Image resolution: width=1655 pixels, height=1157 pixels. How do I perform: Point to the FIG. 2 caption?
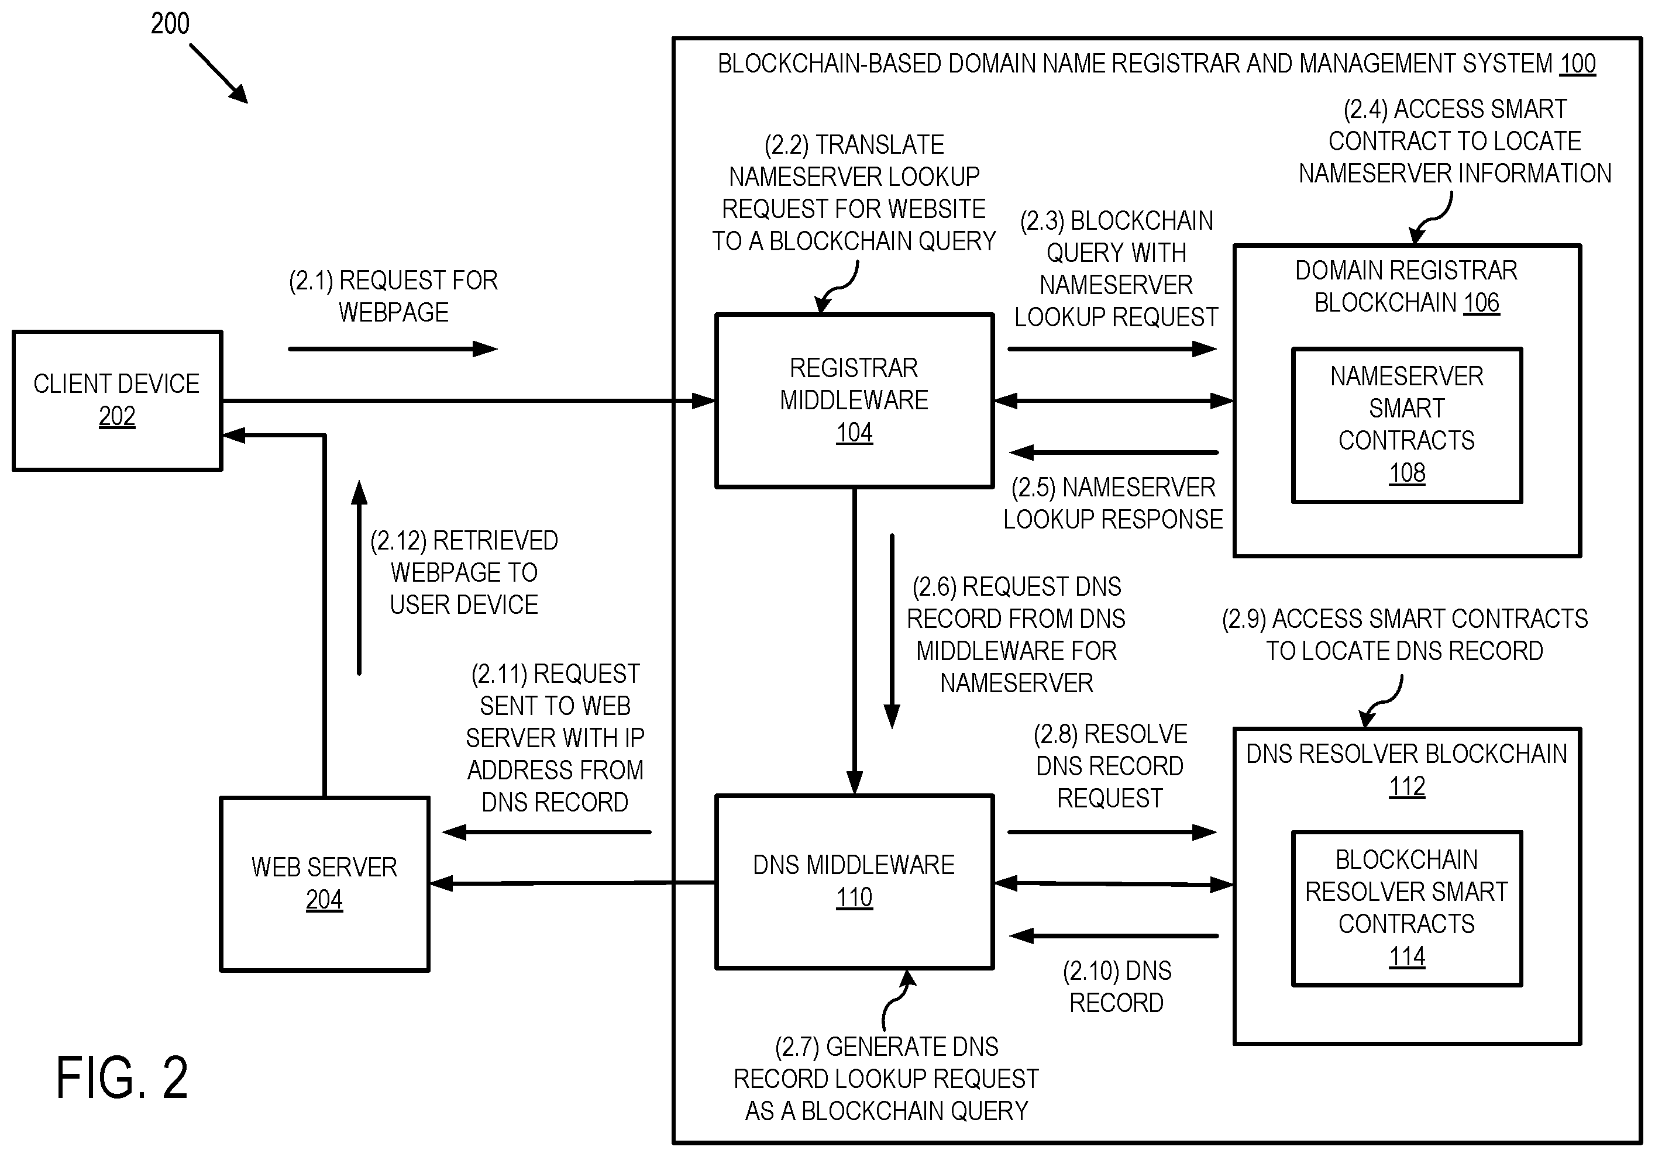122,1077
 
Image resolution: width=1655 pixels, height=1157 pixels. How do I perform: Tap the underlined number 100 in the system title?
1578,64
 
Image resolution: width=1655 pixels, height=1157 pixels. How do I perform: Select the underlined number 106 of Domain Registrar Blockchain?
1481,303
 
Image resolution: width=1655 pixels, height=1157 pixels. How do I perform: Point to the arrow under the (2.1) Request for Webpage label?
393,350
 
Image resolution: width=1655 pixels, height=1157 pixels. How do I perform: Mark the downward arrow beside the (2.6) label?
892,631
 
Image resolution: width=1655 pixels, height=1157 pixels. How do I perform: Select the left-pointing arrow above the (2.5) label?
1114,453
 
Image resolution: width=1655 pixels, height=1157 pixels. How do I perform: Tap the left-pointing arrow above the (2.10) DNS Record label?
1114,936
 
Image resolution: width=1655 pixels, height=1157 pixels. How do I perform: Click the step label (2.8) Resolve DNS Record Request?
1110,766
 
